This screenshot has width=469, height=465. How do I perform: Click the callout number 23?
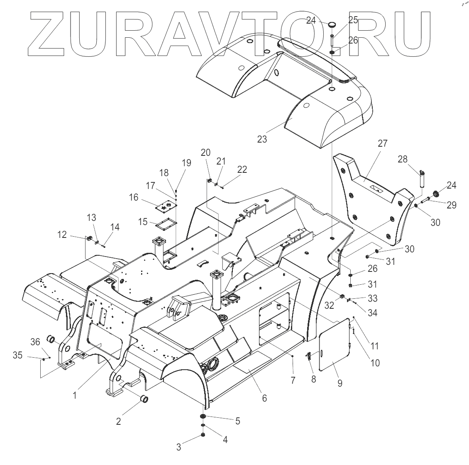(262, 139)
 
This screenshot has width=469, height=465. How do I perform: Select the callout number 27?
(382, 143)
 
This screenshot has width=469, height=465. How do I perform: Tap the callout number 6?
(264, 398)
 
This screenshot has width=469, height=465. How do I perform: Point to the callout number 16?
(134, 197)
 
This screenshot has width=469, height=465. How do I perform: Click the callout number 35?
(17, 355)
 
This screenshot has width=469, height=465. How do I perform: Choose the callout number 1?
(75, 395)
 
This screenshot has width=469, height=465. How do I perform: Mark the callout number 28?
(403, 159)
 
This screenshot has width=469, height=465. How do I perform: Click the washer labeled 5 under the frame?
(203, 417)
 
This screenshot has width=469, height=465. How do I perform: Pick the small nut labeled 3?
(203, 434)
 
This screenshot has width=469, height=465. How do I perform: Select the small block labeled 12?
(88, 238)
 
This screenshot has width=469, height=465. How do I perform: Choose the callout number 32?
(329, 305)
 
